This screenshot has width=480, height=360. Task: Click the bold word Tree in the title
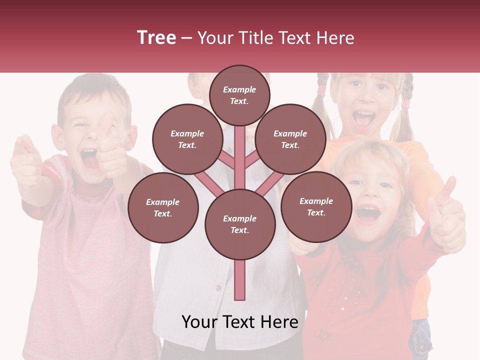coord(156,38)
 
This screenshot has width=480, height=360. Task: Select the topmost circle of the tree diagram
coord(239,95)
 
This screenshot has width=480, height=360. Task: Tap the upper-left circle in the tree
coord(187,139)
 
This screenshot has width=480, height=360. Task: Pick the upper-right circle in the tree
coord(290,139)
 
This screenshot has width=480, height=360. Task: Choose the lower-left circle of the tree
coord(162,207)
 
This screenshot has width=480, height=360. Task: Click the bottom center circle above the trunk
coord(239,224)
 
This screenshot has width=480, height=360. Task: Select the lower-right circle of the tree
coord(316,206)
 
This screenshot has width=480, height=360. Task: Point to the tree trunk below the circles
coord(239,280)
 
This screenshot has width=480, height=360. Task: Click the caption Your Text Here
coord(239,322)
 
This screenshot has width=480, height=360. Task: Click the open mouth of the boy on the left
coord(89,158)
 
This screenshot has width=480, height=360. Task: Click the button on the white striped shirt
coord(217,287)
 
